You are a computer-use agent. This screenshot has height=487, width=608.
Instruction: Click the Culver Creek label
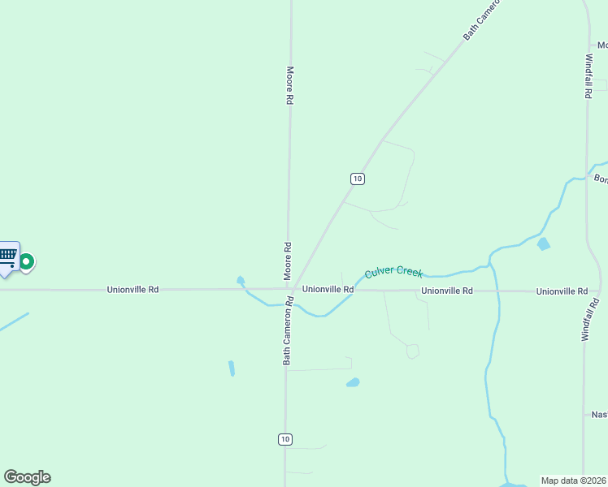click(393, 272)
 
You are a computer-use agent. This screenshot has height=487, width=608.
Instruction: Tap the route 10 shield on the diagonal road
click(357, 179)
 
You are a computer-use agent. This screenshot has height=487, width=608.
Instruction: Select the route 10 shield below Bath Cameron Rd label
click(284, 439)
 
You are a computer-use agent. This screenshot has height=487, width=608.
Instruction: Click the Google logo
click(27, 477)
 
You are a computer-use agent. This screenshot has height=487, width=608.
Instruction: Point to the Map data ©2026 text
click(574, 481)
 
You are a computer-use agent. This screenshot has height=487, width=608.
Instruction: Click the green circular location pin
click(27, 262)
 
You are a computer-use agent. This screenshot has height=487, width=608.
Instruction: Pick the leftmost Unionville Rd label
click(132, 289)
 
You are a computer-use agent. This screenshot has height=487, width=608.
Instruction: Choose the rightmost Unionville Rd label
click(562, 291)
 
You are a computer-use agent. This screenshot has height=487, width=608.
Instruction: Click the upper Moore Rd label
click(289, 85)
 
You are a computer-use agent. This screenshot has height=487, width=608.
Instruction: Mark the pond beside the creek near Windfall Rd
click(544, 243)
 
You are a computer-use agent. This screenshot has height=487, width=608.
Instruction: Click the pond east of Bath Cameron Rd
click(353, 382)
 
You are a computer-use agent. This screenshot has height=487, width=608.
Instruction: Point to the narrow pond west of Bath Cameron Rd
click(232, 368)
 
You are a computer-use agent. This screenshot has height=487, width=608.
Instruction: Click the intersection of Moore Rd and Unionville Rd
click(289, 289)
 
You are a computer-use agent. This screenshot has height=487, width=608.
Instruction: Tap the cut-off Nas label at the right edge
click(599, 415)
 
